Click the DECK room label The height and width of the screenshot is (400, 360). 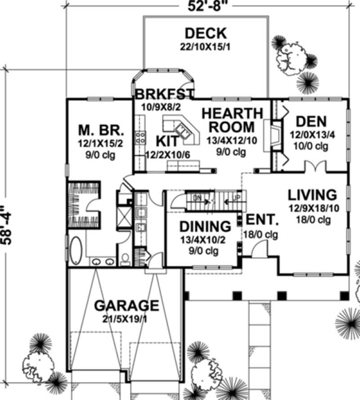[205, 33]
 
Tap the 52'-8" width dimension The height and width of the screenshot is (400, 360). [206, 6]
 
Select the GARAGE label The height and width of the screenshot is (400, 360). [126, 306]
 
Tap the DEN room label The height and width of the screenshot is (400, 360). [311, 122]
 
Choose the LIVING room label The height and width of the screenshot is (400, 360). [312, 195]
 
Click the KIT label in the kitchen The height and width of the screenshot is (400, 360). [167, 140]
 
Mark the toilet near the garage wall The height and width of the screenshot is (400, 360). [125, 260]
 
